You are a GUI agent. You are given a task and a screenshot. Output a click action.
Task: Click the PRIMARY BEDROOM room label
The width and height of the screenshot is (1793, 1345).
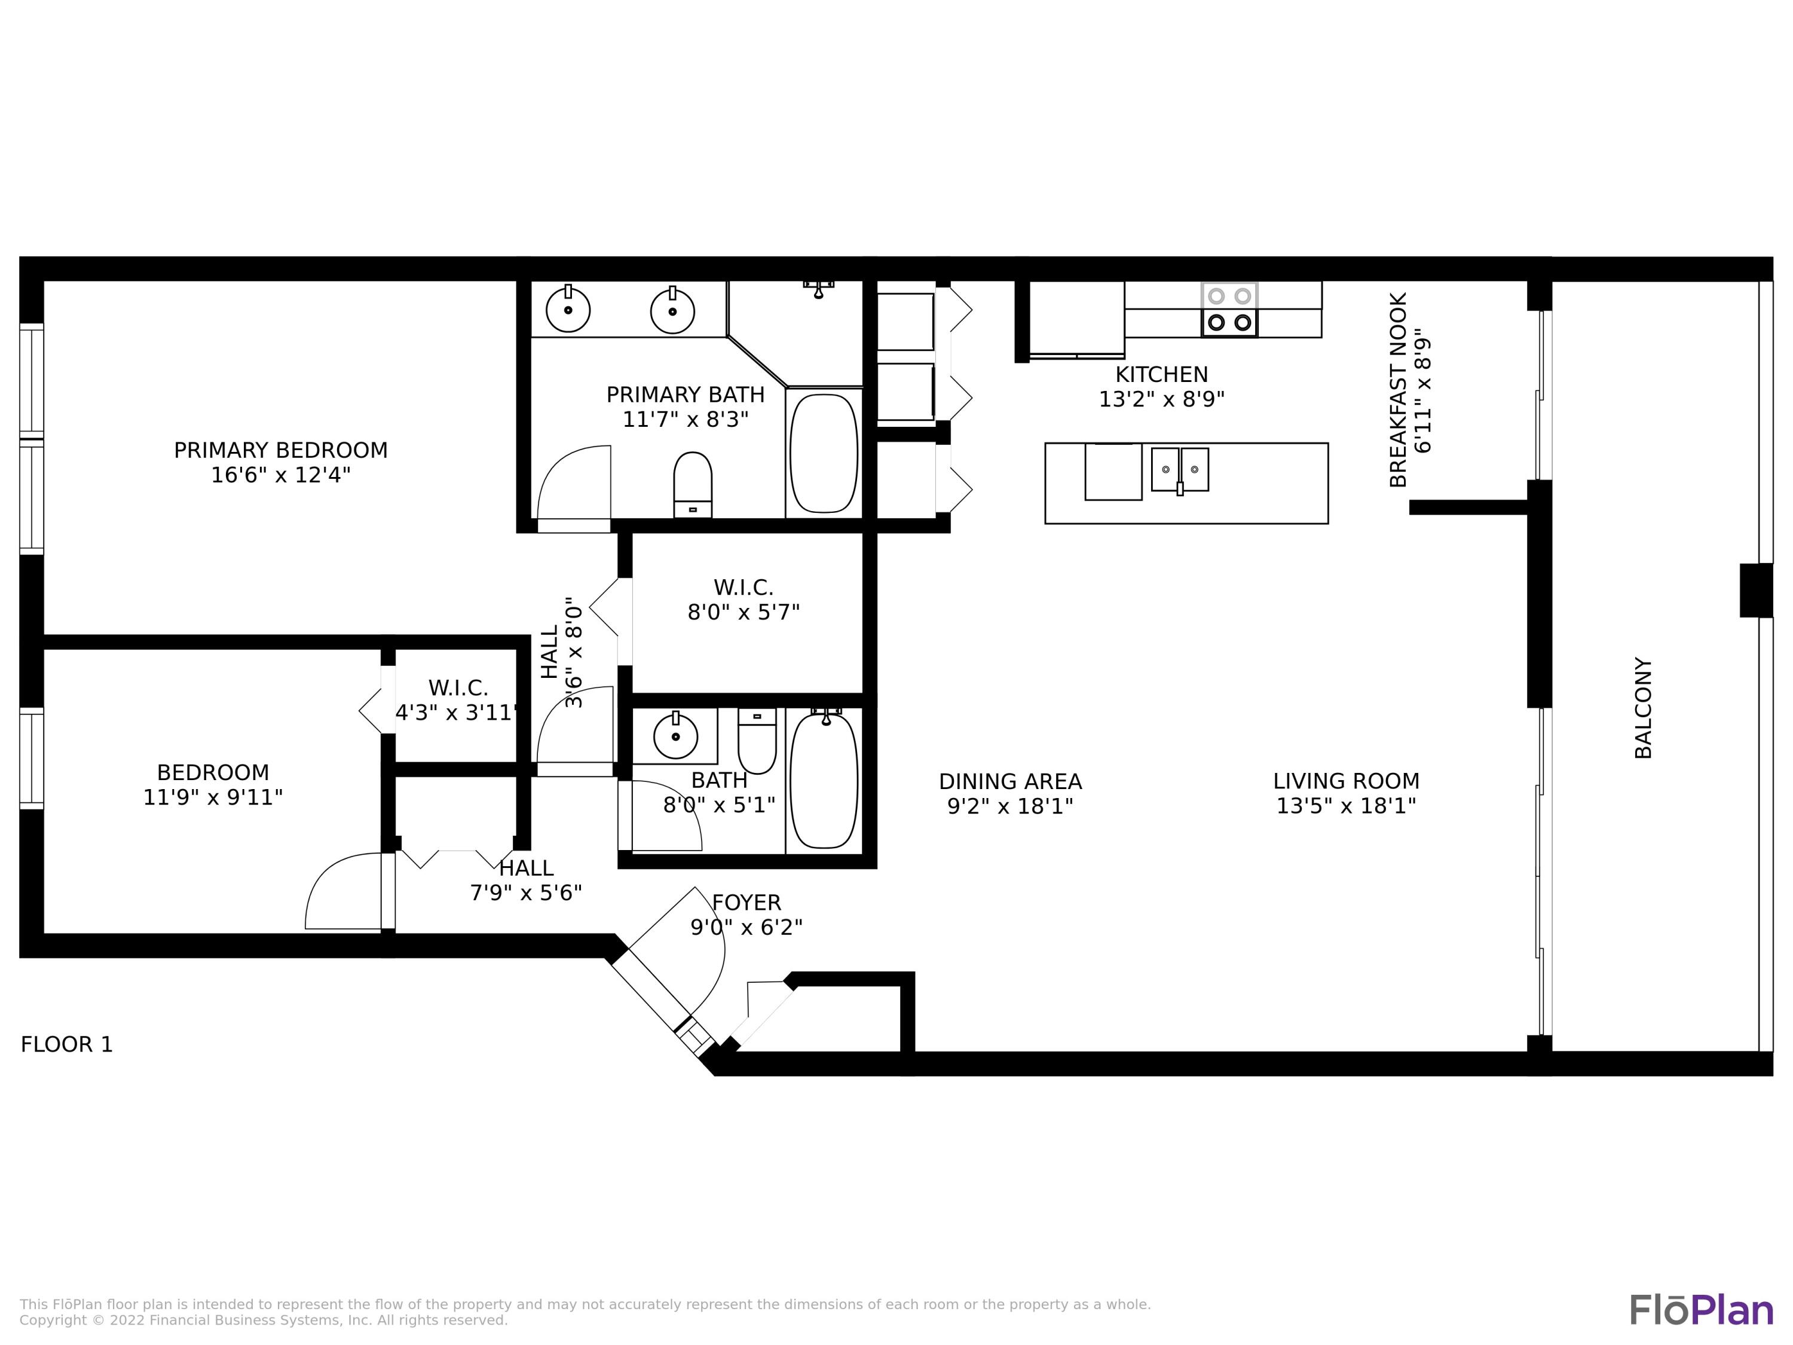point(280,450)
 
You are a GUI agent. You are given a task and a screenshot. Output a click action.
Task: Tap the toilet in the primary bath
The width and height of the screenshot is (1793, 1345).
point(692,484)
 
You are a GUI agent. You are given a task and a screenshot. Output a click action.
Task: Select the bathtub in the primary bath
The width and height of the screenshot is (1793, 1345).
point(824,453)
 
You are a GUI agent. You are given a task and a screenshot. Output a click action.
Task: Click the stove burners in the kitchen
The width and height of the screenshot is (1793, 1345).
point(1229,310)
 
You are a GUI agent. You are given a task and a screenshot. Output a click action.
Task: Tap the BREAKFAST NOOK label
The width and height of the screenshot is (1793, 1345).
point(1399,390)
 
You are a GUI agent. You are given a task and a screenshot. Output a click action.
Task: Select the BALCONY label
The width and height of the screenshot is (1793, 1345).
point(1643,708)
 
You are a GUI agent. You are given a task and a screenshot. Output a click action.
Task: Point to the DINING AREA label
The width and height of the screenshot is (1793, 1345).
point(1010,781)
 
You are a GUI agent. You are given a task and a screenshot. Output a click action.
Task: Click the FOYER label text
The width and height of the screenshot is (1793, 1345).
point(746,902)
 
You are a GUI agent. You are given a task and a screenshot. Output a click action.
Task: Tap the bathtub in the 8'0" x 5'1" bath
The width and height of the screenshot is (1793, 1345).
point(824,781)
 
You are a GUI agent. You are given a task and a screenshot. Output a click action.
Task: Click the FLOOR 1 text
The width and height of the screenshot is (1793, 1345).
point(66,1044)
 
